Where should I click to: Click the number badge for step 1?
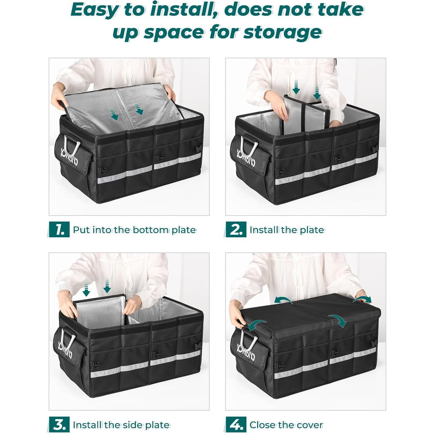(x=59, y=229)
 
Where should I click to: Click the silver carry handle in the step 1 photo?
(x=72, y=146)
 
